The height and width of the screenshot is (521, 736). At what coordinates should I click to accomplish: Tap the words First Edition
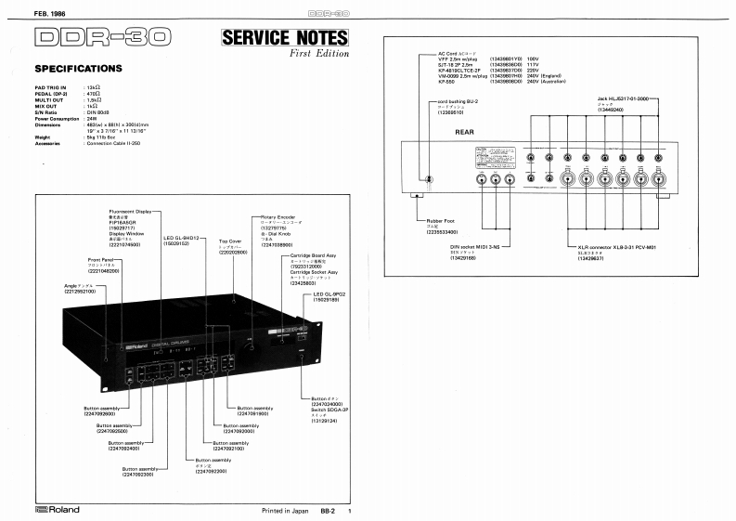point(317,57)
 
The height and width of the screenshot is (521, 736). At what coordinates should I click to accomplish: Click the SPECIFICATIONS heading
point(78,68)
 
